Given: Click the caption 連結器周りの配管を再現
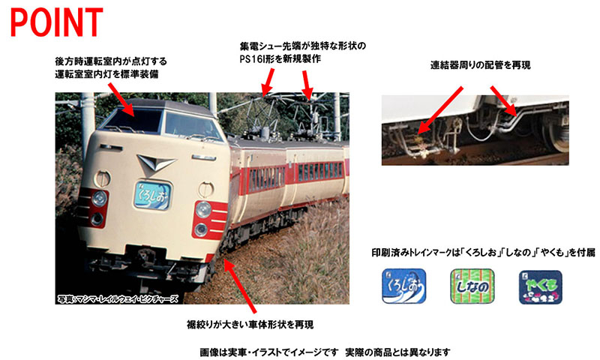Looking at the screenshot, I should [x=480, y=66].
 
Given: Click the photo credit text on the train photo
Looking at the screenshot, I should [x=118, y=298].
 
